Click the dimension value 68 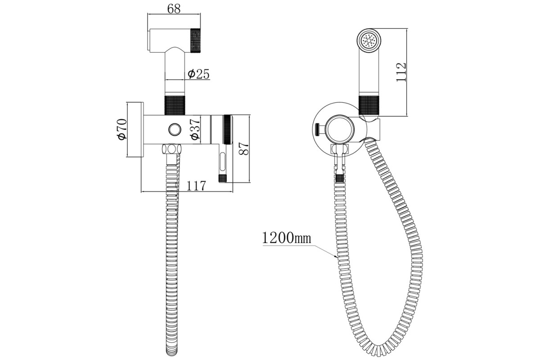coord(174,9)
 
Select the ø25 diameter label coord(198,74)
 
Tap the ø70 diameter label coord(122,129)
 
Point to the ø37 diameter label coord(195,129)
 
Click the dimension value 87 coord(243,148)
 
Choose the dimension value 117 coord(196,186)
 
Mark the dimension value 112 coord(401,72)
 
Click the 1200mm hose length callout coord(286,238)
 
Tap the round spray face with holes coord(369,40)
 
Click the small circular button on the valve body coord(175,130)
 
